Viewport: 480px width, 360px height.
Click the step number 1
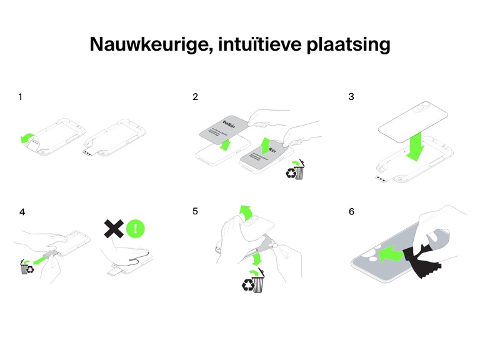point(21,97)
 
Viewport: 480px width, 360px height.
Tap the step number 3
point(351,97)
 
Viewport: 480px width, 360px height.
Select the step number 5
point(196,212)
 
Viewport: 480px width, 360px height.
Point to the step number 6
point(351,212)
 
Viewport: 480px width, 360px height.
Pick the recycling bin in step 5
point(253,282)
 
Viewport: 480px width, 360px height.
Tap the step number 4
point(22,212)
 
